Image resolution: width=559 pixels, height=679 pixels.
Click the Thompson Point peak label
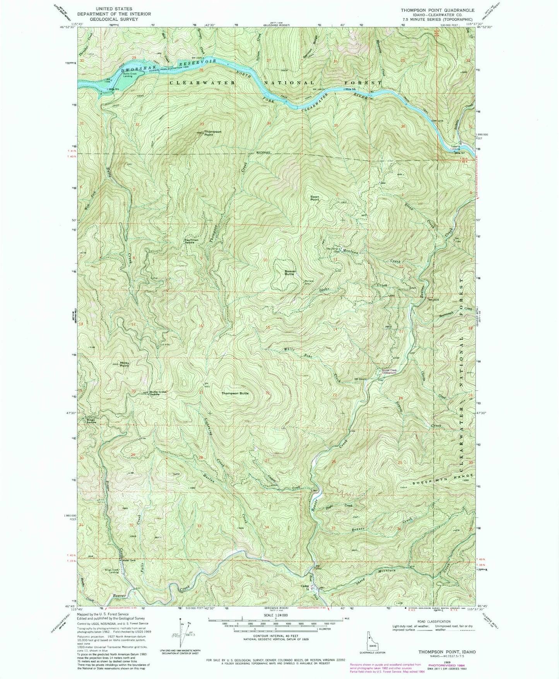coord(213,133)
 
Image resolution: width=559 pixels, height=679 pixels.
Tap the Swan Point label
coord(315,198)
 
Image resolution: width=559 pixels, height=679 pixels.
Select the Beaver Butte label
coord(290,272)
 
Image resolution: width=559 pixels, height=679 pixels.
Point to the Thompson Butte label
coord(235,393)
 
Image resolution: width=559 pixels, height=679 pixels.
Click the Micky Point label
coord(124,364)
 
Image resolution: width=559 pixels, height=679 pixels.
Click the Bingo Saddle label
coord(91,421)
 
